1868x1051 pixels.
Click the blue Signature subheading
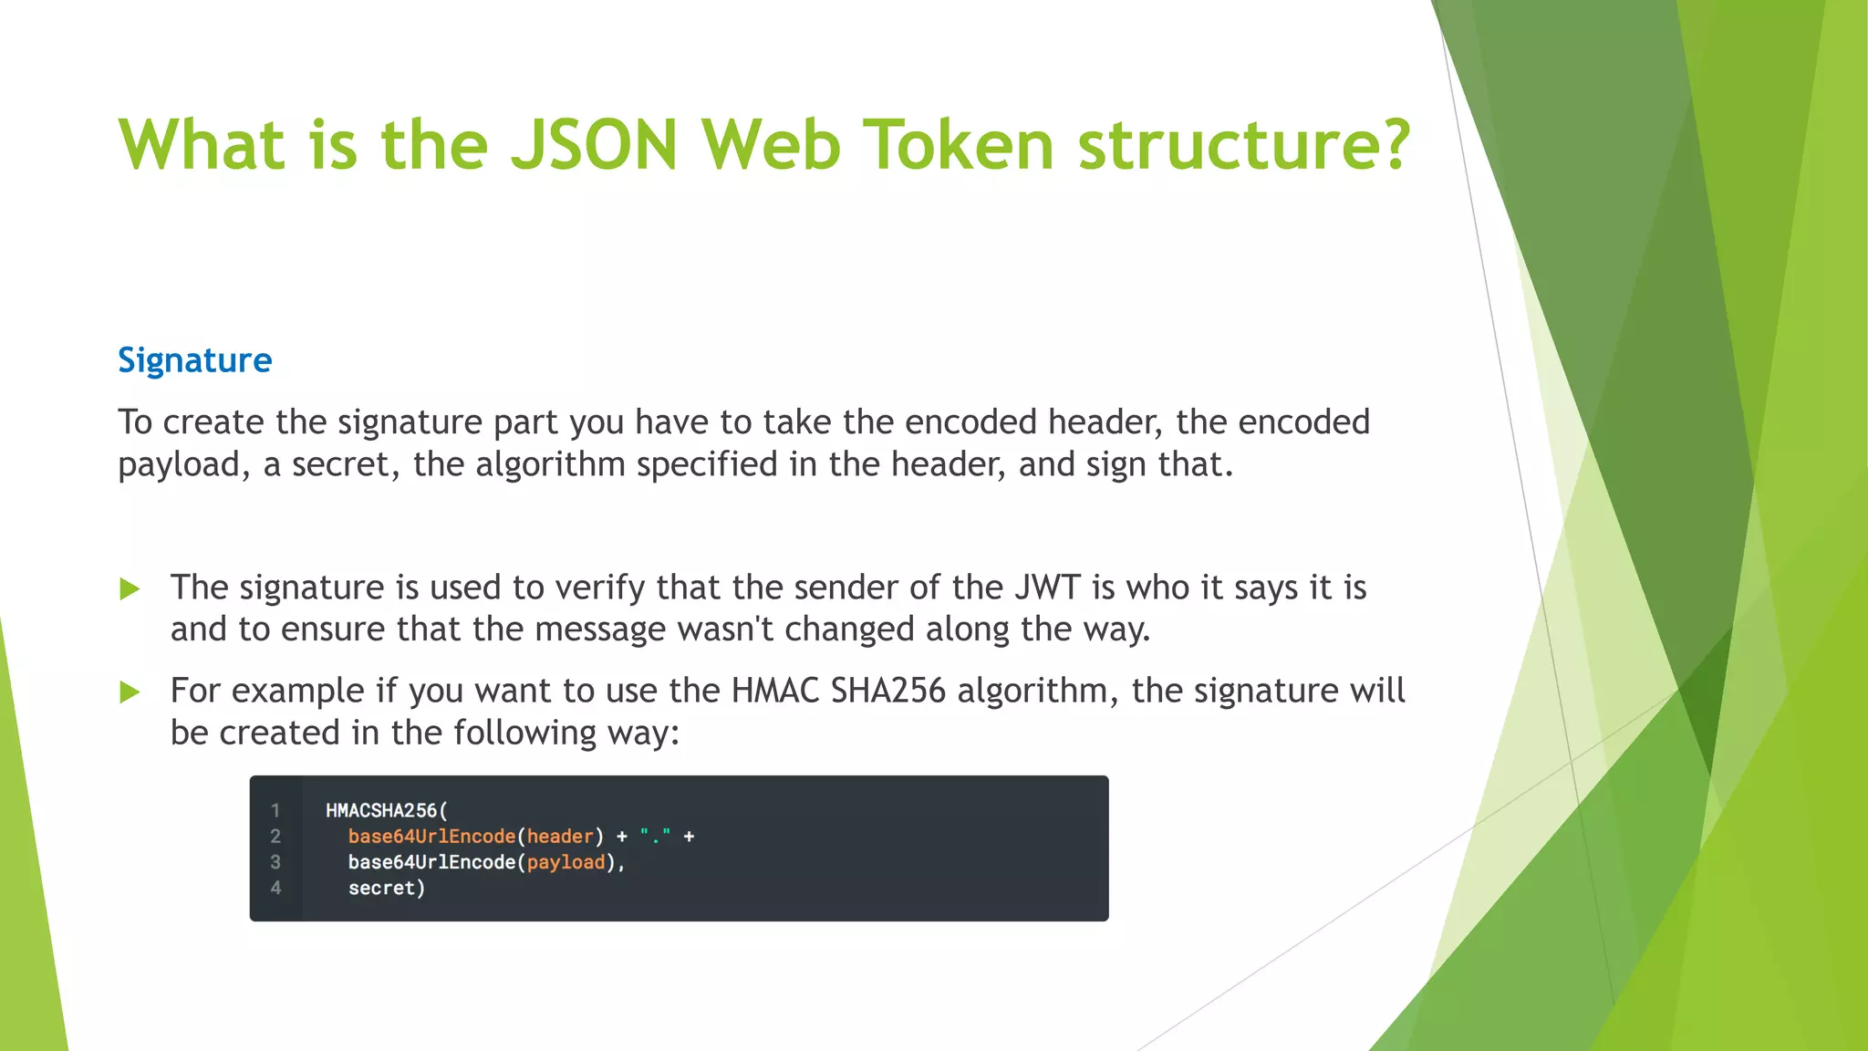[194, 360]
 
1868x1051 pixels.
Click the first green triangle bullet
[130, 589]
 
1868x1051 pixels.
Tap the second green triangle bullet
[130, 692]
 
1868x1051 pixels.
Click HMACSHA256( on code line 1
[387, 810]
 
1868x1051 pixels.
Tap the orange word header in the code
[560, 836]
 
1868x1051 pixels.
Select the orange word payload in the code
[566, 862]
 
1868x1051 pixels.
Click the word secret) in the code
[387, 888]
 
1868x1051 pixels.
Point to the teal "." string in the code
[655, 836]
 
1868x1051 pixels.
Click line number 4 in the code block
[275, 888]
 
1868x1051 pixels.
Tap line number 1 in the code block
[275, 810]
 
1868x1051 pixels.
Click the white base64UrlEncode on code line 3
[431, 862]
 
